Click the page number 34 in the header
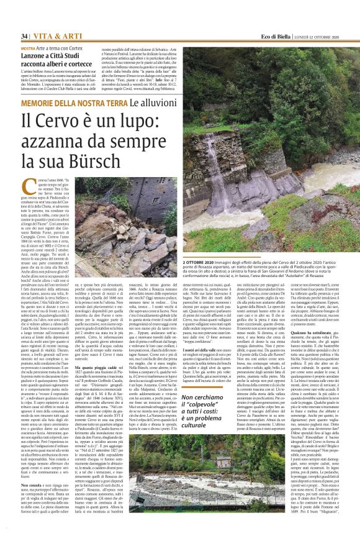25,36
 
